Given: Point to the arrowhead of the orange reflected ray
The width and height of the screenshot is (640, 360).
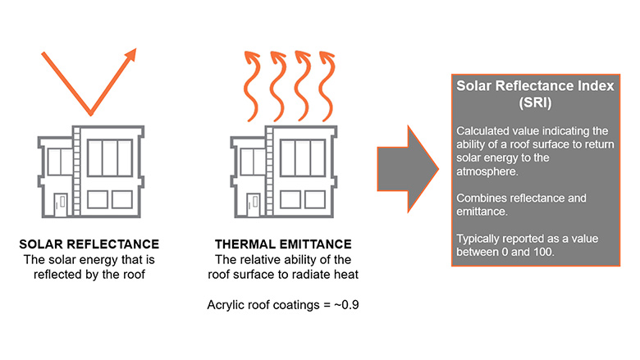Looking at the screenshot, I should (x=130, y=56).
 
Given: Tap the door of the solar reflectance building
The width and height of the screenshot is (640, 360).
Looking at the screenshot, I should (x=59, y=204).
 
